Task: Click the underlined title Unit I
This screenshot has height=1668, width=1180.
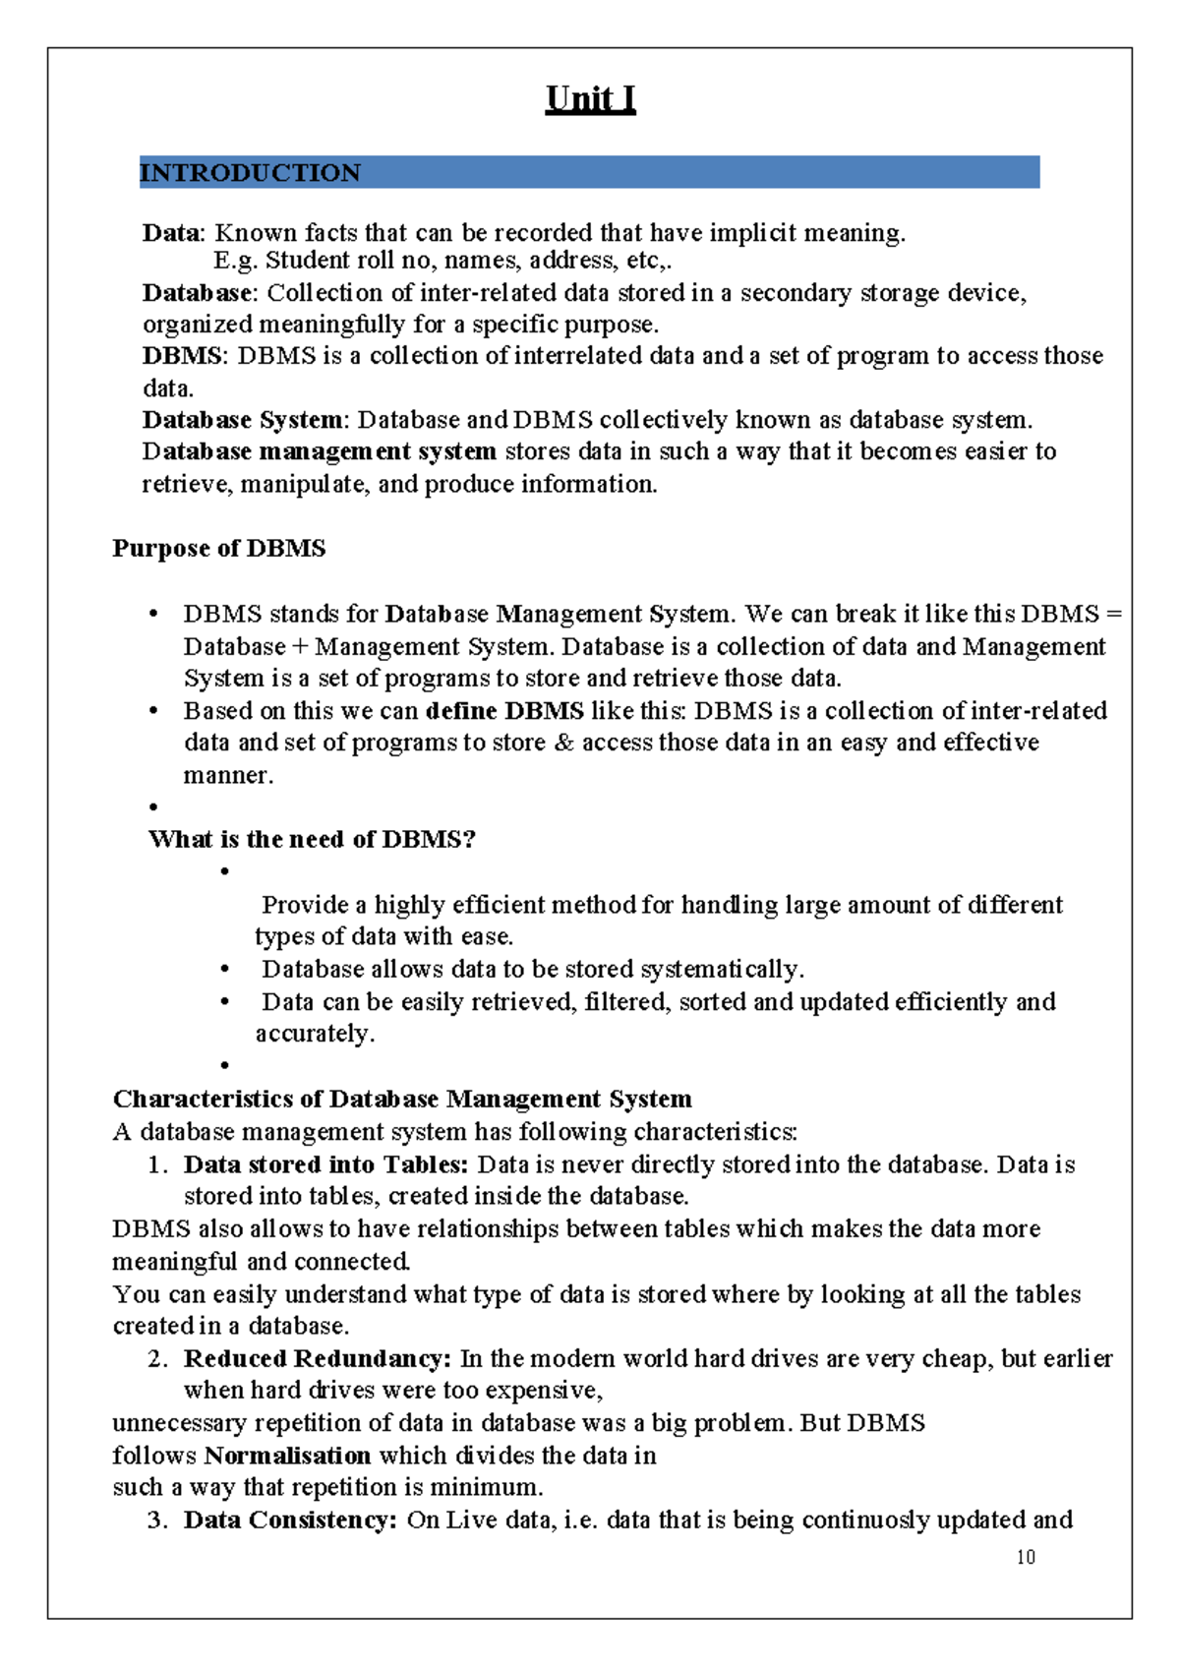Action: (x=590, y=99)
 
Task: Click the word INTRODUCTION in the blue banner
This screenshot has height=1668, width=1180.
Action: (x=250, y=173)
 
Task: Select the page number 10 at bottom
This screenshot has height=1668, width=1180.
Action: (x=1026, y=1557)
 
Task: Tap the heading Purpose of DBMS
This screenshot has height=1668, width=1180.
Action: (x=218, y=548)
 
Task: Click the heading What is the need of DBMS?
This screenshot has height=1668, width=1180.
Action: (x=312, y=839)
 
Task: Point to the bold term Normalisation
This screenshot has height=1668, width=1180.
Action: (x=287, y=1455)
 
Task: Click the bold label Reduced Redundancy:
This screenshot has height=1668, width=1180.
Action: (x=318, y=1358)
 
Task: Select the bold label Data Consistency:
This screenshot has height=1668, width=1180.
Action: (x=290, y=1519)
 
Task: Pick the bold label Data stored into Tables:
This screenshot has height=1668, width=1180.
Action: (x=325, y=1164)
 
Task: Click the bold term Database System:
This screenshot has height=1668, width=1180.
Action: (x=245, y=420)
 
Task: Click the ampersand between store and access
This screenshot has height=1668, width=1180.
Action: (x=563, y=743)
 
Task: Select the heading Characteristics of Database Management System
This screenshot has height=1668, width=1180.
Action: (x=402, y=1099)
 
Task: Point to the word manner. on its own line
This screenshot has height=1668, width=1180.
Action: (x=228, y=775)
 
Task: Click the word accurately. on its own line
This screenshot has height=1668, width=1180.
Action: (x=315, y=1034)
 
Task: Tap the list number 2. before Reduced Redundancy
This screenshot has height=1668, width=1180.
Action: (x=157, y=1359)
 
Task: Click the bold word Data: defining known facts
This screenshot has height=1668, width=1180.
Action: (x=173, y=233)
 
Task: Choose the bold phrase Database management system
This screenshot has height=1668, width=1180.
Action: (x=319, y=451)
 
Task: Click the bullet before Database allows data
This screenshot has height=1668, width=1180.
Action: (x=225, y=970)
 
